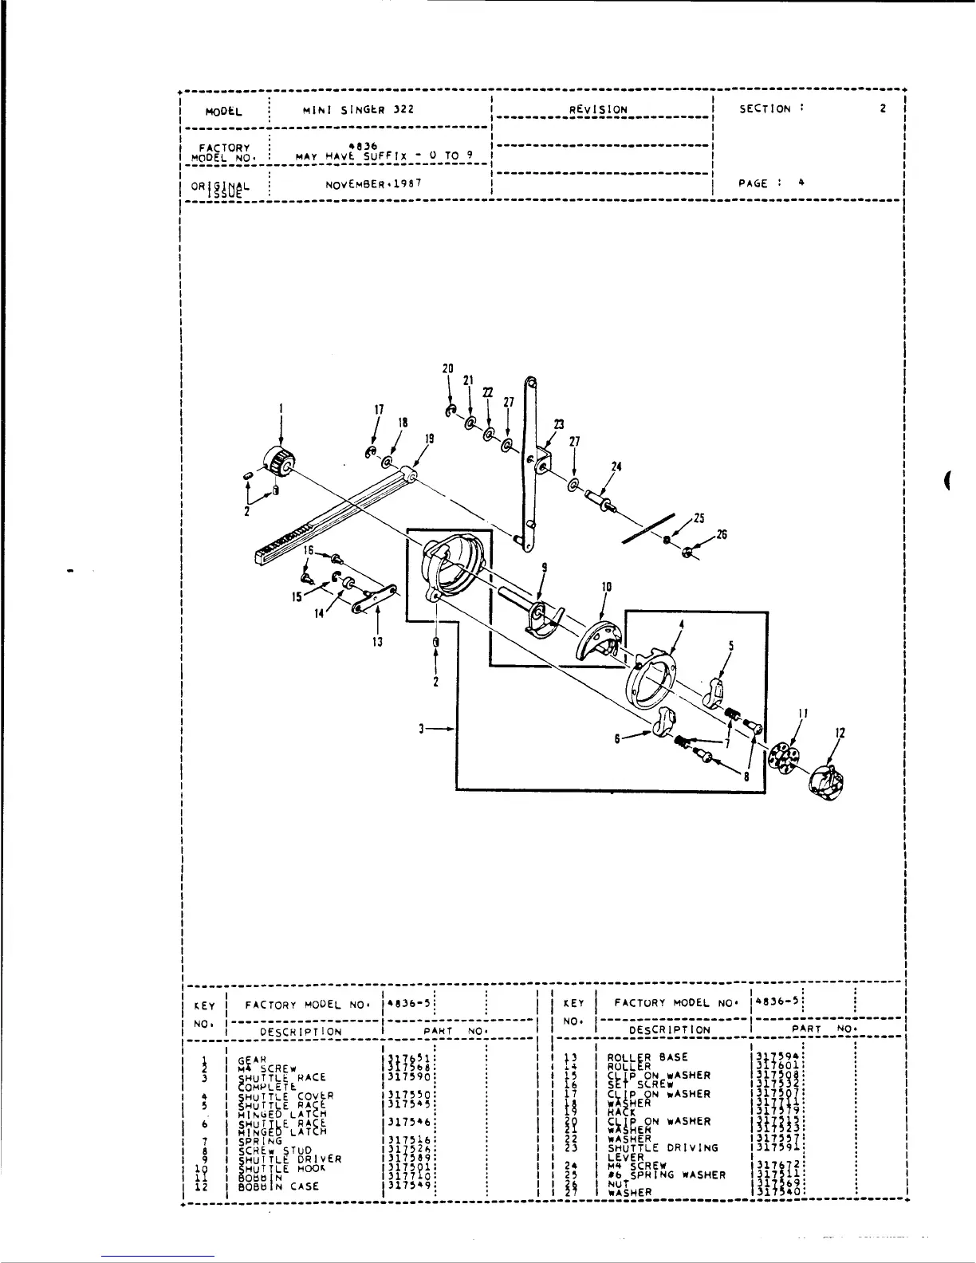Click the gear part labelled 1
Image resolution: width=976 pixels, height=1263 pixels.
(x=278, y=462)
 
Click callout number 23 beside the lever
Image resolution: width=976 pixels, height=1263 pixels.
(x=558, y=424)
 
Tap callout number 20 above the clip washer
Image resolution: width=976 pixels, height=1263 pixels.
(x=448, y=369)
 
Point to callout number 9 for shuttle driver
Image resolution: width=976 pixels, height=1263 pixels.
(x=544, y=568)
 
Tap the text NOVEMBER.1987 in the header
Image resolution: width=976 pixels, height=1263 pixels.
(x=369, y=183)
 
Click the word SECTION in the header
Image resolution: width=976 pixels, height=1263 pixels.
(x=765, y=108)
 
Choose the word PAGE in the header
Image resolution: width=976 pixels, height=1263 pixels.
(x=754, y=183)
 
